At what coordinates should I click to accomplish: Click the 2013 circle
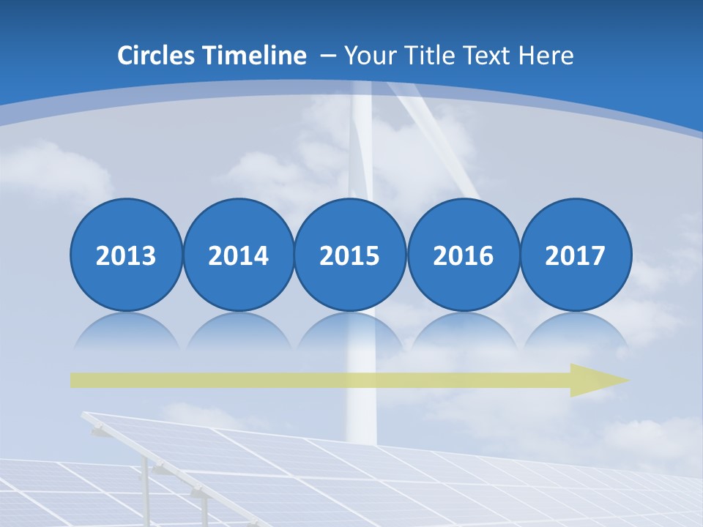[x=126, y=255]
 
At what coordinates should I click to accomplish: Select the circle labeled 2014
[x=238, y=255]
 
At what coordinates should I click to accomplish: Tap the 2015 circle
[x=350, y=255]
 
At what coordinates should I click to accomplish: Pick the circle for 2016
[x=463, y=255]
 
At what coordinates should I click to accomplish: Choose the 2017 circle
[x=575, y=255]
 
